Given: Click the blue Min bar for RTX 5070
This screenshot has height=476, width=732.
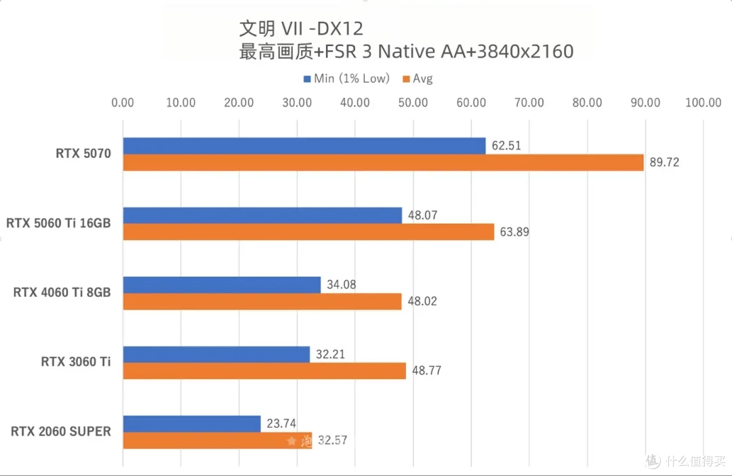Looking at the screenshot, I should point(304,146).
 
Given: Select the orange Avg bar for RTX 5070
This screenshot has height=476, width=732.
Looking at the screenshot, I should point(383,163).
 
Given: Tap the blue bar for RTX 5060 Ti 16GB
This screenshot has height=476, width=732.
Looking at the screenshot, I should point(262,216).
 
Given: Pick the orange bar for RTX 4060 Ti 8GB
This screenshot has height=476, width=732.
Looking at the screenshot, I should point(262,301).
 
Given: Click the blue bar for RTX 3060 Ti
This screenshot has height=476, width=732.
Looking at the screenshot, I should point(216,354).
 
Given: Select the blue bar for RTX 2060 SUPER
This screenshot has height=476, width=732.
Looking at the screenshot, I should point(192,424).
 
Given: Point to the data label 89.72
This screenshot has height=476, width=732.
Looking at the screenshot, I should point(664,163).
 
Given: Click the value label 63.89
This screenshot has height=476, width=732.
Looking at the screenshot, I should point(514,232).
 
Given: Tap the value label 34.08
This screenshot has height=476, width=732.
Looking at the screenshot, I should point(341,285).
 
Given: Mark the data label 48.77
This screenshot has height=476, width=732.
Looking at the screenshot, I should point(426,371).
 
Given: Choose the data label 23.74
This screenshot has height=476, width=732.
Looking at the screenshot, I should point(281,424).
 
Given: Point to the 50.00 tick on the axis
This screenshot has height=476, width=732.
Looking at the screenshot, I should point(413,103).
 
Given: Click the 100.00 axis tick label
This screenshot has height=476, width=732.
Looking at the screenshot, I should point(703,103).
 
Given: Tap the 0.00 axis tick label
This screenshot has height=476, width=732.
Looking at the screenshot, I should point(123,103).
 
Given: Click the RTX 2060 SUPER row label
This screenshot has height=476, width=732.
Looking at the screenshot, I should point(61,432).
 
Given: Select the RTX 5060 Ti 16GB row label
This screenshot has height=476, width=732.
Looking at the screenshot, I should point(58,223).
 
